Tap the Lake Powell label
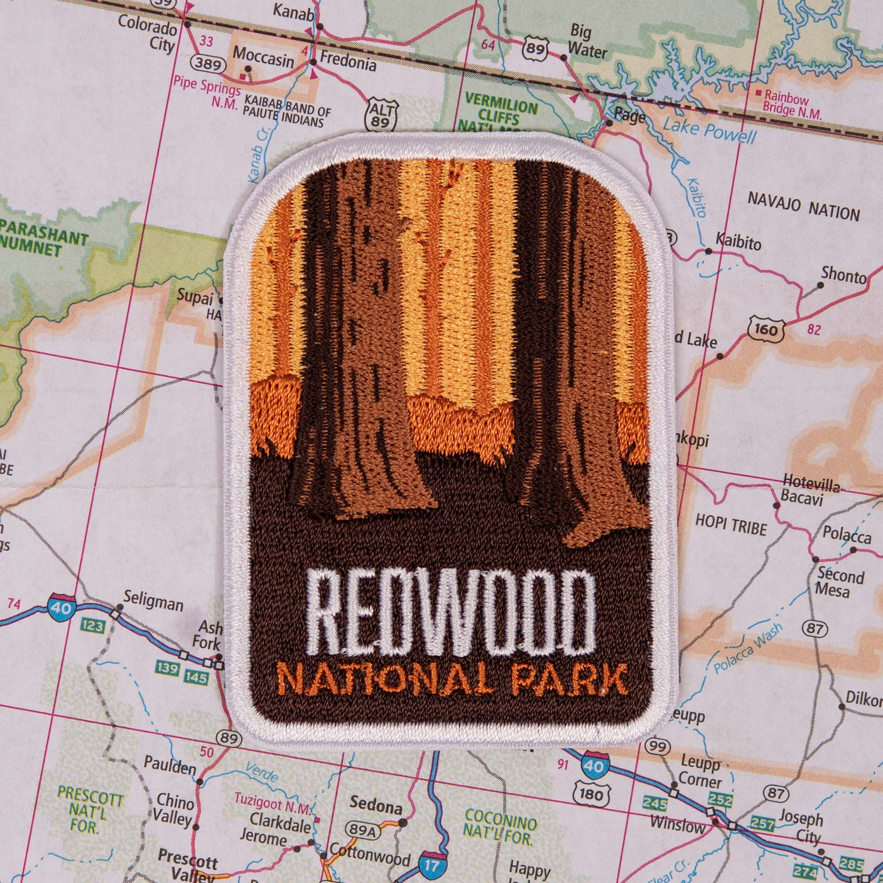(710, 131)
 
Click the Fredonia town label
(348, 61)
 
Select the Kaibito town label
(738, 241)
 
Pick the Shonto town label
(843, 274)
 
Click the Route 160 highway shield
(766, 329)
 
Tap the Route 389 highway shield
(208, 63)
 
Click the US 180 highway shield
(591, 794)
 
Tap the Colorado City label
(149, 35)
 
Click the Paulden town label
(170, 766)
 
